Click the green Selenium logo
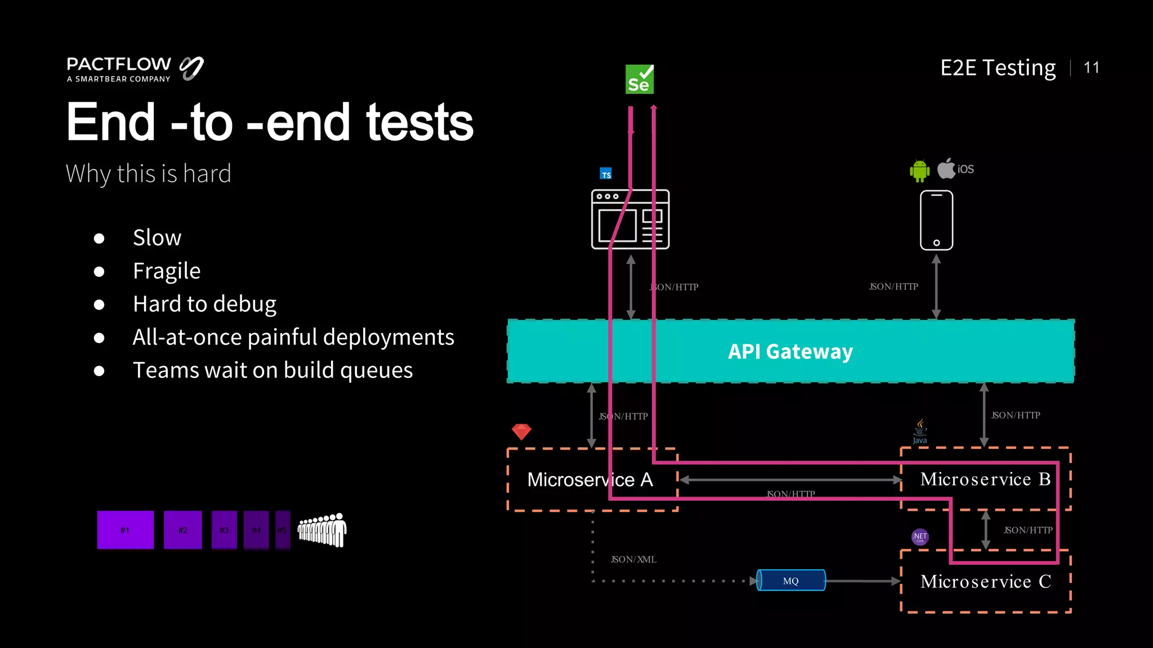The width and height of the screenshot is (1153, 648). (x=640, y=79)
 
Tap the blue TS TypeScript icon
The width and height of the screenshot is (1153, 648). (x=606, y=174)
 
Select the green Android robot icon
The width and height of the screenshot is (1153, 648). (x=919, y=170)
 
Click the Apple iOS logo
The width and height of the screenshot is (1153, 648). (x=955, y=168)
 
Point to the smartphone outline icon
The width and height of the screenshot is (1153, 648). (x=936, y=220)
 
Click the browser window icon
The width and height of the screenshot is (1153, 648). (x=630, y=219)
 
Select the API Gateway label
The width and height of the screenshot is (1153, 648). (x=790, y=352)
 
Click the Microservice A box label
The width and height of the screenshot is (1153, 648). (x=590, y=480)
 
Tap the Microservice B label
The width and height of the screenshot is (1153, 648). (x=985, y=479)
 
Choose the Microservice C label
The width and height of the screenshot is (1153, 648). (x=985, y=582)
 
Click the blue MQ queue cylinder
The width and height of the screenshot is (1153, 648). (x=790, y=580)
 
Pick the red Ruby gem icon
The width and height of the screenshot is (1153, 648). (x=521, y=431)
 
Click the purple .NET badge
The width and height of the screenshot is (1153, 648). (x=920, y=537)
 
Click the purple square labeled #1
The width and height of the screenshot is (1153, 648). (x=125, y=530)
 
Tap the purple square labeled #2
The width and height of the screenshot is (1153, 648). (x=182, y=530)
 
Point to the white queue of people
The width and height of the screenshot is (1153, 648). (x=322, y=530)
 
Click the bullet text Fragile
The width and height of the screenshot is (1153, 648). (x=167, y=271)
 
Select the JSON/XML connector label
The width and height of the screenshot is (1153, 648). (x=633, y=560)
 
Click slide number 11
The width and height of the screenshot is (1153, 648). (x=1091, y=68)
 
